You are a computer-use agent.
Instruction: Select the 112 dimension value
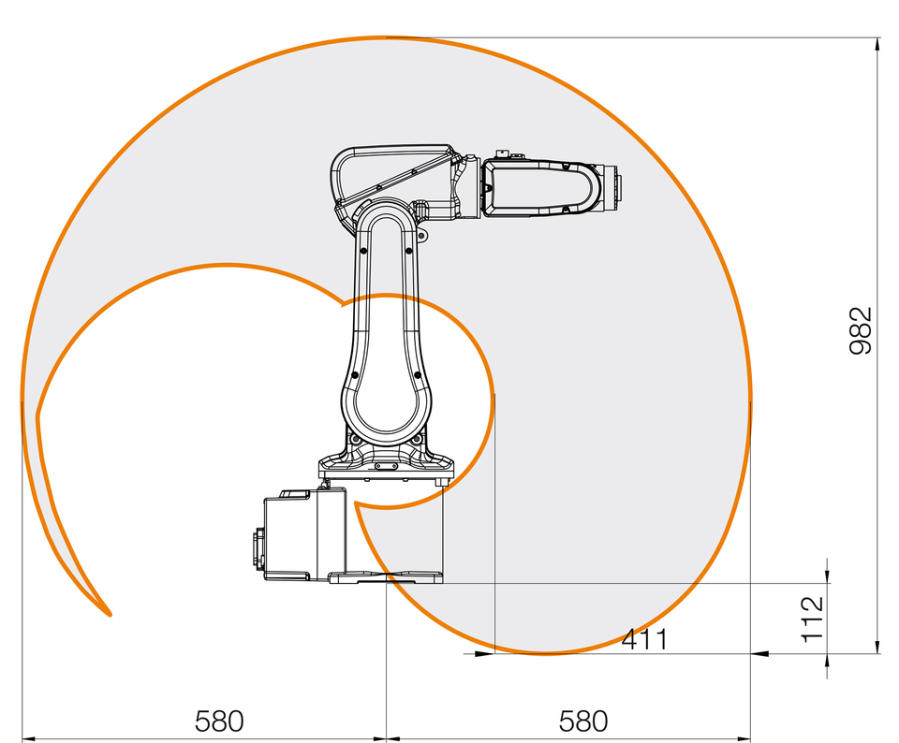click(x=813, y=619)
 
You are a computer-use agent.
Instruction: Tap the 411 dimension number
click(x=645, y=639)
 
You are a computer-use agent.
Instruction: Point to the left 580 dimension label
click(x=219, y=721)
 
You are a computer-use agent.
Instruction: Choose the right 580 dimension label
click(x=583, y=721)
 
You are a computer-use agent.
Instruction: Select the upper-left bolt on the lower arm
click(x=363, y=251)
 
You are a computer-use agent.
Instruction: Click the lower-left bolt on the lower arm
click(x=355, y=375)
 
